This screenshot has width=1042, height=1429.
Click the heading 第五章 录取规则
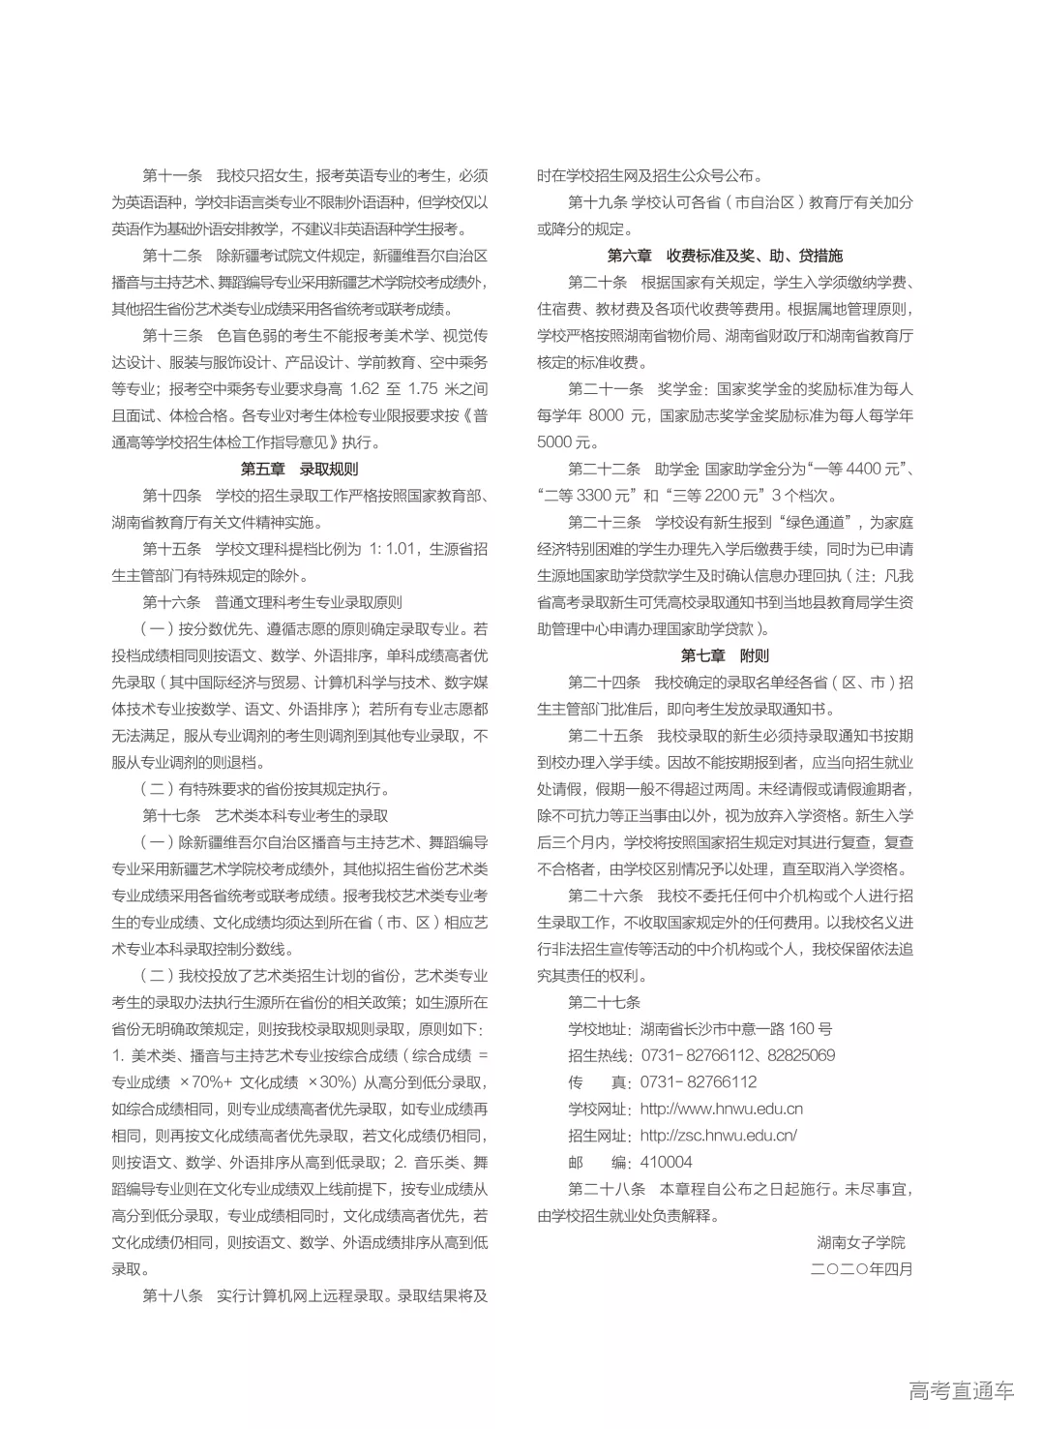click(299, 469)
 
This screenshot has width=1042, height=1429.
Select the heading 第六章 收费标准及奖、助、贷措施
click(725, 256)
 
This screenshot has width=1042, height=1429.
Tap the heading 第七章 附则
click(725, 655)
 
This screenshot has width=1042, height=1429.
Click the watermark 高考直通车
click(962, 1391)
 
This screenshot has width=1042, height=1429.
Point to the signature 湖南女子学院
click(861, 1242)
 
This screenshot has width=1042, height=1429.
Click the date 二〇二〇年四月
click(861, 1268)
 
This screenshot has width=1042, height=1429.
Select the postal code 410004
click(667, 1162)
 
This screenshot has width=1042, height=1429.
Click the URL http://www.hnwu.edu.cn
click(722, 1109)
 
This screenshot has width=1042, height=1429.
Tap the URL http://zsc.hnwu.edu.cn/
click(719, 1136)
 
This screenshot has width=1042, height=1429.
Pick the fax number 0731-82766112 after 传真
click(699, 1082)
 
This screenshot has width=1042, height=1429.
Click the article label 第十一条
click(172, 175)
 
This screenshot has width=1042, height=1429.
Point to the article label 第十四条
click(172, 496)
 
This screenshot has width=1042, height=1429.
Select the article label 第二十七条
click(604, 1002)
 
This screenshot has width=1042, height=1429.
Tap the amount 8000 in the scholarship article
click(606, 415)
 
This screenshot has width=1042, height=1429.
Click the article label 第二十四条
click(604, 683)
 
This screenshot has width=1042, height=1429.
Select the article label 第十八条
click(172, 1295)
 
